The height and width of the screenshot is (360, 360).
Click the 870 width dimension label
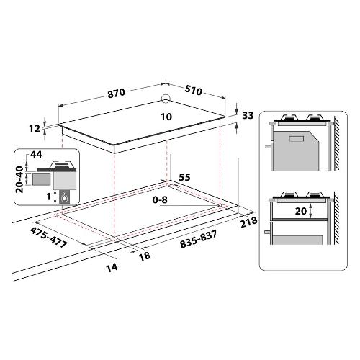117,93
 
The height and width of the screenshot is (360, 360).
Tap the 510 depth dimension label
194,91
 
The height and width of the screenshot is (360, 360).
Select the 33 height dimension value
248,116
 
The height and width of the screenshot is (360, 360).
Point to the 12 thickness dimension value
35,129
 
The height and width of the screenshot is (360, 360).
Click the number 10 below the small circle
166,117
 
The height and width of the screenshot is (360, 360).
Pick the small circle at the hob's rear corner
166,98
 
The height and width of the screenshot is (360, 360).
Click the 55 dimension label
184,177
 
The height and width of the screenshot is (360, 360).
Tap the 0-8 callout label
160,199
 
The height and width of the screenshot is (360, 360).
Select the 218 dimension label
249,222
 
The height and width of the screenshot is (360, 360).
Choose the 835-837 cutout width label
199,239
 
